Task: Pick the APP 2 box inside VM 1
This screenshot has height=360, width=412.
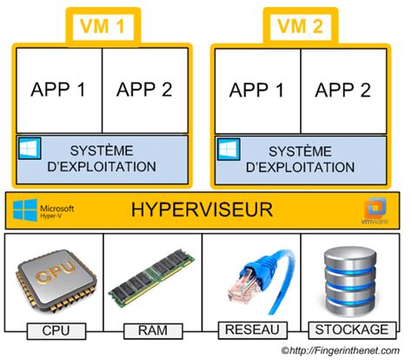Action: pyautogui.click(x=145, y=91)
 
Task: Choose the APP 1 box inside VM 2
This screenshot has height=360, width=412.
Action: pyautogui.click(x=256, y=91)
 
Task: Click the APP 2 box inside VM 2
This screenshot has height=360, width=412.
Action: pyautogui.click(x=343, y=91)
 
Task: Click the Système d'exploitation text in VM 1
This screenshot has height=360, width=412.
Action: pyautogui.click(x=104, y=157)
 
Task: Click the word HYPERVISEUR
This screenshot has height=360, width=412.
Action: pyautogui.click(x=202, y=210)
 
